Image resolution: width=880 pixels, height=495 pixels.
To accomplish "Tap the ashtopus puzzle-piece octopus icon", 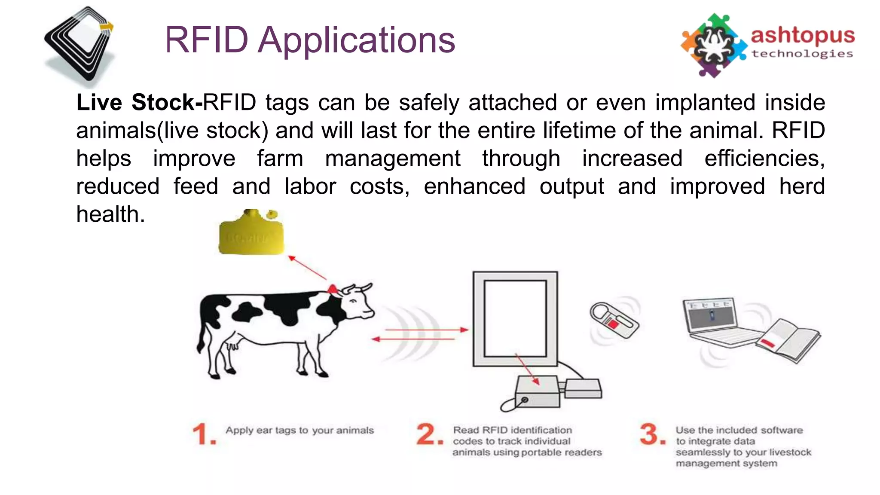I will point(713,45).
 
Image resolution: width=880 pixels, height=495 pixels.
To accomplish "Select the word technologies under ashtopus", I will point(802,54).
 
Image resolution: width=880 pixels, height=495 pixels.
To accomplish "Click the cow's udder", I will point(232,344).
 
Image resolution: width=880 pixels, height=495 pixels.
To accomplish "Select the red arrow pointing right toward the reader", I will point(425,330).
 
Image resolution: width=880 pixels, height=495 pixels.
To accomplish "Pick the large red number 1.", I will point(203,434).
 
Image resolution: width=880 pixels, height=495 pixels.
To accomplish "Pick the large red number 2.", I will point(429,434).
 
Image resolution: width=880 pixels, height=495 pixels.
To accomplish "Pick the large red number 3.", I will point(652,434).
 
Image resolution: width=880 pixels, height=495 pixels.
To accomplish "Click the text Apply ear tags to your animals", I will point(299,431).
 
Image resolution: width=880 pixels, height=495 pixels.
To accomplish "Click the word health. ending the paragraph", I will point(110,214).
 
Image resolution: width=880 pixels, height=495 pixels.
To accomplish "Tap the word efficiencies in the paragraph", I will point(764,159).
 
